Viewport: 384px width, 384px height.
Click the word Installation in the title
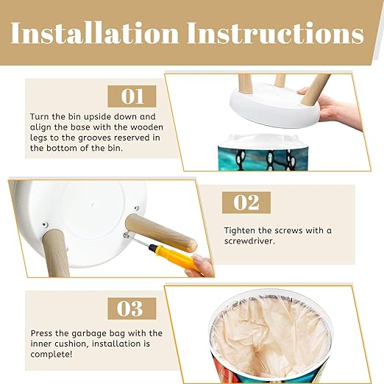click(x=94, y=33)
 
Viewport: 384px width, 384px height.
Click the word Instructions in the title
click(x=276, y=33)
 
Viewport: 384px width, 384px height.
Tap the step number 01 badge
click(x=132, y=96)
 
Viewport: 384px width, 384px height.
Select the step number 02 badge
click(x=246, y=202)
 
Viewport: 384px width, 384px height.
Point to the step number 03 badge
click(x=132, y=308)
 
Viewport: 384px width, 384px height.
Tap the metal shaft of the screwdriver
click(x=138, y=241)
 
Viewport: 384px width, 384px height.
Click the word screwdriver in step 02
click(x=249, y=241)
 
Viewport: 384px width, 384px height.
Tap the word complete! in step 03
click(x=51, y=355)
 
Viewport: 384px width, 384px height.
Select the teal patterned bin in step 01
click(x=263, y=153)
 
